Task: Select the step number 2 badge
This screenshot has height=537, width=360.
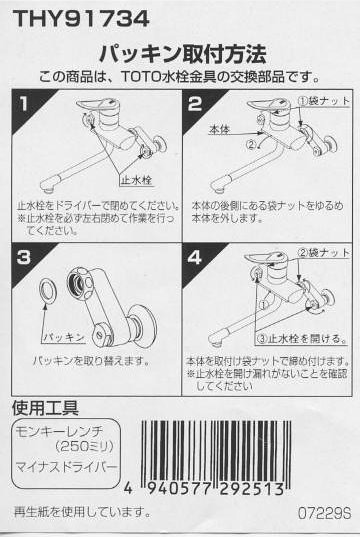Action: [x=196, y=102]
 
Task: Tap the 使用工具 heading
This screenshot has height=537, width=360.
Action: [x=44, y=408]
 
